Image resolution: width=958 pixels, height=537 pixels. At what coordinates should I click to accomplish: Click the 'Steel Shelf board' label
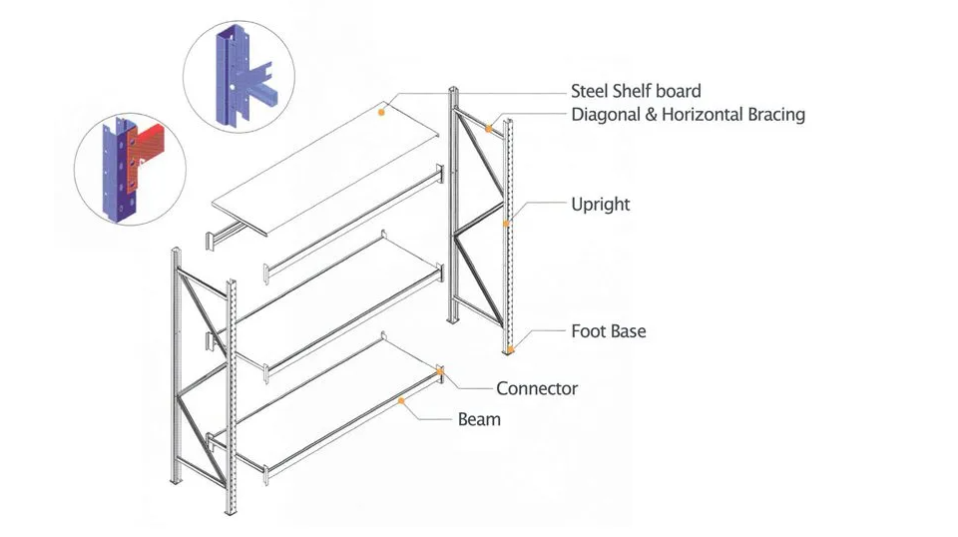click(x=636, y=91)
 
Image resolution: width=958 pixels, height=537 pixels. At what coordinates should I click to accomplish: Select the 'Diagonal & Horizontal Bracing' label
click(x=688, y=115)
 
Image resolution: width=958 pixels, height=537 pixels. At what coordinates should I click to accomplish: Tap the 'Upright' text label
click(x=601, y=205)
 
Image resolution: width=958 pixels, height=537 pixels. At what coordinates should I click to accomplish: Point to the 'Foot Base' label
click(x=609, y=331)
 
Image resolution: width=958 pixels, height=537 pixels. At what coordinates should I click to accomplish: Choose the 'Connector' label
click(x=537, y=388)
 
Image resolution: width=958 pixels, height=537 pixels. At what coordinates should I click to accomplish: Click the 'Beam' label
click(x=480, y=419)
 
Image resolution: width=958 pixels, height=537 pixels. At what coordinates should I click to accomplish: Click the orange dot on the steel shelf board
click(x=381, y=113)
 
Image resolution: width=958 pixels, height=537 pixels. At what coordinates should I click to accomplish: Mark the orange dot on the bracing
click(x=489, y=129)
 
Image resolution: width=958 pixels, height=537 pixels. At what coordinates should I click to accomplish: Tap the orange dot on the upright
click(x=506, y=224)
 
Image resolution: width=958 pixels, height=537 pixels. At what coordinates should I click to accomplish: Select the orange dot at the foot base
click(x=511, y=349)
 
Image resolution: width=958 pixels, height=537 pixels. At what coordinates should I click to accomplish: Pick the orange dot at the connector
click(x=440, y=371)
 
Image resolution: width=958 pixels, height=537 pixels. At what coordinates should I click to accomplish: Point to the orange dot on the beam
click(x=401, y=401)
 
